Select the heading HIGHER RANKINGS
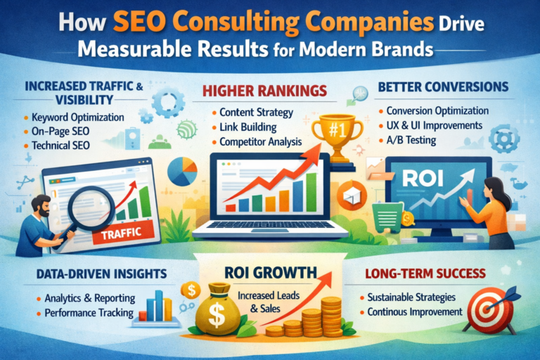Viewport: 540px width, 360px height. coord(265,92)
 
